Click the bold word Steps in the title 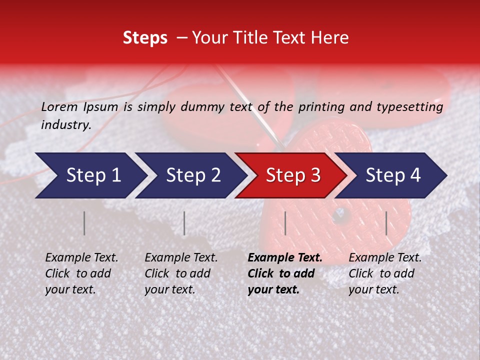coord(145,38)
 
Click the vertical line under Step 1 coord(84,223)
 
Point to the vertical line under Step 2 coord(184,223)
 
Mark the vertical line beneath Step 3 coord(285,223)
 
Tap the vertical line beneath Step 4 coord(386,223)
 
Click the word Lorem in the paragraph coord(59,106)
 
